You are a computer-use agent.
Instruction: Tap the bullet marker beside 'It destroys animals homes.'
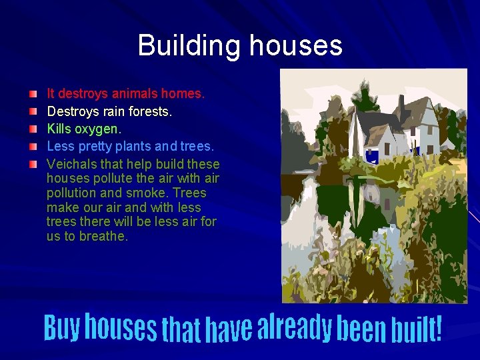[x=33, y=95]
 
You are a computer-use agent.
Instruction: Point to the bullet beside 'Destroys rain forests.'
[x=33, y=111]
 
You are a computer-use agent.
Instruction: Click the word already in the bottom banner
[x=294, y=326]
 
